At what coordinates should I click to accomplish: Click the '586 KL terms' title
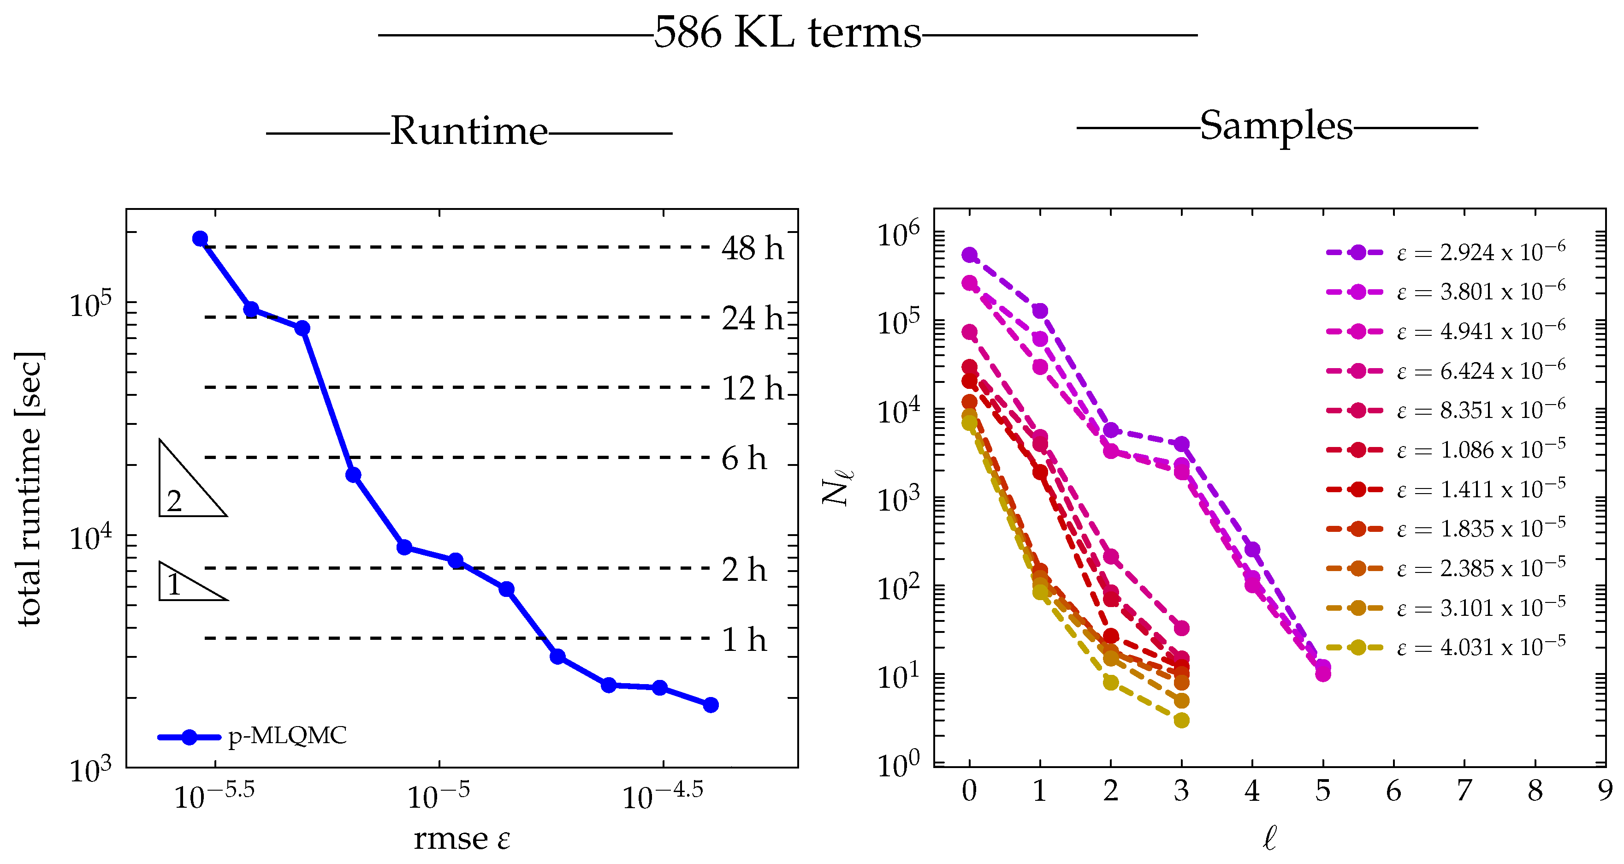(x=787, y=33)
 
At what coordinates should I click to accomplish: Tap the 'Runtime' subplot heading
(x=468, y=131)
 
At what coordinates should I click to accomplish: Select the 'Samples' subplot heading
(x=1275, y=125)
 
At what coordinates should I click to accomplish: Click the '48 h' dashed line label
(x=752, y=248)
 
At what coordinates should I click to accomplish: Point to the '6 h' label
(x=744, y=458)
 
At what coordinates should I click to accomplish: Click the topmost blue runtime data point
(x=200, y=238)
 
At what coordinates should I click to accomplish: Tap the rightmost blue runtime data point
(x=711, y=705)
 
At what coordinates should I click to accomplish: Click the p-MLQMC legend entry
(x=252, y=736)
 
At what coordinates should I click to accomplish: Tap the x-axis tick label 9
(x=1605, y=790)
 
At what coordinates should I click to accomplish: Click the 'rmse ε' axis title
(x=462, y=839)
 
